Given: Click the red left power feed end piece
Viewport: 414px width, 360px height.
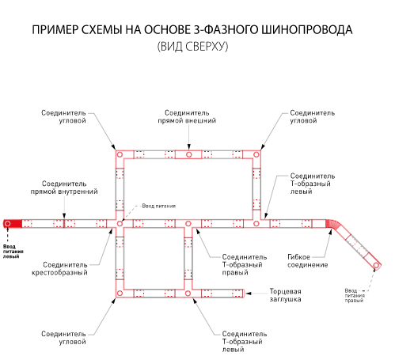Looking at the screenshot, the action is (x=13, y=224).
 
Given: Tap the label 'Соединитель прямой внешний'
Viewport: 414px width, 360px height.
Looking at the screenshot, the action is (x=187, y=116).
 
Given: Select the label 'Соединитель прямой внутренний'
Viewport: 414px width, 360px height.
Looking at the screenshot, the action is (x=64, y=188).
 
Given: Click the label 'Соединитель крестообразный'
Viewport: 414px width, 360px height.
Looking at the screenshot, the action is (x=59, y=268).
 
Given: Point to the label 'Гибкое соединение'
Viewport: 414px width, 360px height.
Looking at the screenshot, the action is (x=308, y=261).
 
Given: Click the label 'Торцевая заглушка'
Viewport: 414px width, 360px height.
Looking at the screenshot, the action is (x=285, y=295).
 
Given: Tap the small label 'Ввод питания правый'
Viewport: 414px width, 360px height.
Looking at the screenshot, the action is (x=355, y=295).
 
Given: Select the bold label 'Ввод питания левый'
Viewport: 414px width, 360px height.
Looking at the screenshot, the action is (x=13, y=252).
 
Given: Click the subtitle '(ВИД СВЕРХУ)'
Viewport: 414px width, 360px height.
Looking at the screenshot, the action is (x=192, y=47).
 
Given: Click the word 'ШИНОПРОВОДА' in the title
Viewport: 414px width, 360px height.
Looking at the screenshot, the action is (x=307, y=29).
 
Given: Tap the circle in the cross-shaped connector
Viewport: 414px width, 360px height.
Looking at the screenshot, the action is (x=120, y=224).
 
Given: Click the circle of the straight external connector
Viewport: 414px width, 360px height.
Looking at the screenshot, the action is (x=188, y=154).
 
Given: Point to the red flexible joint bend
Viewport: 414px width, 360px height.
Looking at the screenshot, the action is (x=333, y=225).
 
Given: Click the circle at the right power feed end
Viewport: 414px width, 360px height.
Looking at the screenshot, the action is (x=376, y=265).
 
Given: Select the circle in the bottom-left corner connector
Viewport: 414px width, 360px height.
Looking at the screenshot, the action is (x=120, y=293).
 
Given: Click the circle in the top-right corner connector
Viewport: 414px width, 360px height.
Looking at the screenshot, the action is (x=256, y=154).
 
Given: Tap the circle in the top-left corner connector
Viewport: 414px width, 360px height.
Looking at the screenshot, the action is (x=120, y=154).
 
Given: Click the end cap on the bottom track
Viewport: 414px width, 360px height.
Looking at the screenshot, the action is (x=244, y=294).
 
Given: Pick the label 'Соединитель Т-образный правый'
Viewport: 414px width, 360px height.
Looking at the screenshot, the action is (x=245, y=264).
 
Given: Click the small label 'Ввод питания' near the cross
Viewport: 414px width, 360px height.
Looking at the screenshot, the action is (x=158, y=206).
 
